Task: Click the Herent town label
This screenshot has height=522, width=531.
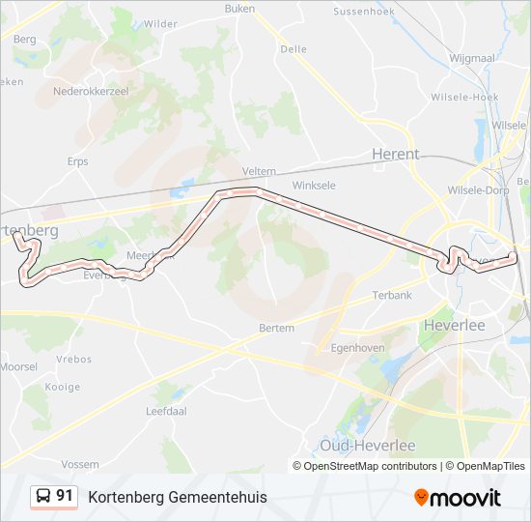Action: pyautogui.click(x=396, y=154)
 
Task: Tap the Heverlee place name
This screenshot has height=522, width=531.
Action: pyautogui.click(x=454, y=326)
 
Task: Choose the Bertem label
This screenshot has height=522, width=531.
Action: pyautogui.click(x=277, y=328)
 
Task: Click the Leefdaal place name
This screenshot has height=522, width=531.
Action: pyautogui.click(x=164, y=411)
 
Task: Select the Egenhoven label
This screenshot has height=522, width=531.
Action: pyautogui.click(x=358, y=347)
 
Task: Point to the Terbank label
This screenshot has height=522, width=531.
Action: pyautogui.click(x=393, y=295)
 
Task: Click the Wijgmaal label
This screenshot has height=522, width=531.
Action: pyautogui.click(x=472, y=59)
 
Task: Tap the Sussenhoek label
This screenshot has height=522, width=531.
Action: pyautogui.click(x=365, y=12)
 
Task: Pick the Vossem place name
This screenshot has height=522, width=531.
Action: pyautogui.click(x=80, y=464)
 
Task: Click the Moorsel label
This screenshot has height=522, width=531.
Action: pyautogui.click(x=18, y=366)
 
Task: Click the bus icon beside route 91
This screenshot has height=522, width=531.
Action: pyautogui.click(x=43, y=497)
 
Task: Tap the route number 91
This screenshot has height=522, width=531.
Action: pyautogui.click(x=65, y=496)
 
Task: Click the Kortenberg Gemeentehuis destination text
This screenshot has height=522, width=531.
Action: pyautogui.click(x=178, y=497)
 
